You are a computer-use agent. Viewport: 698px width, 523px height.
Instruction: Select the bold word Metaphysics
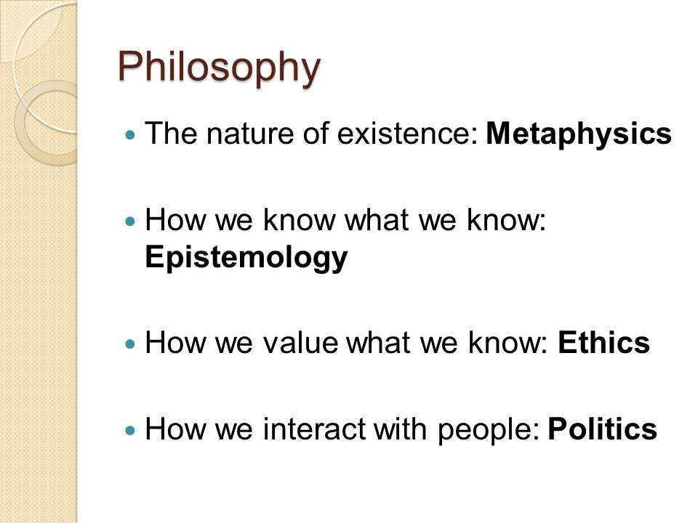578,134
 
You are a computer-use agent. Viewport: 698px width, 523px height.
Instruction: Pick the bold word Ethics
603,343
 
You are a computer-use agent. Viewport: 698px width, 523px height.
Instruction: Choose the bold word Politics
602,429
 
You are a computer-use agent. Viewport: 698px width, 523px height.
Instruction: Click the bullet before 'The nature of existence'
130,134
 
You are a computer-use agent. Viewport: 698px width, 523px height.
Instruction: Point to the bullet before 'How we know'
130,221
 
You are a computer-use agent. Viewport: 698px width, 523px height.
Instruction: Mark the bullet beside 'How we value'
130,344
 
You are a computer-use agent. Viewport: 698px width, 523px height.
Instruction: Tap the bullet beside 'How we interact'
130,430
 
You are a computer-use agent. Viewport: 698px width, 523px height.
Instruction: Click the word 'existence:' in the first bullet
408,134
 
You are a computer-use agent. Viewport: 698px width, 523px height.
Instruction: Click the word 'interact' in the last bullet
314,429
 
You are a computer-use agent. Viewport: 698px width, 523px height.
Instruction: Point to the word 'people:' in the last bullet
489,431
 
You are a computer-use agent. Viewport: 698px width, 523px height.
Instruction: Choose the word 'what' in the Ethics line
378,343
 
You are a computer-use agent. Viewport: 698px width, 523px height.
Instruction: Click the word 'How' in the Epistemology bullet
176,219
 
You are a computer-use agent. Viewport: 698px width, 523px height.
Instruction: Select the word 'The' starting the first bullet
171,134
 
